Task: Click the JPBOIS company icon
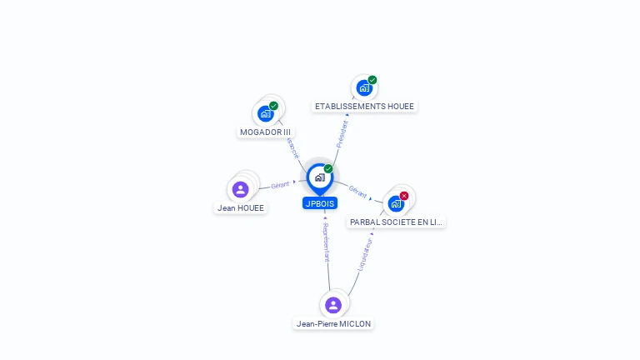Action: pyautogui.click(x=319, y=177)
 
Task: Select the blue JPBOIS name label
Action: pyautogui.click(x=320, y=203)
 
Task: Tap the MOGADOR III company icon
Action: pyautogui.click(x=266, y=113)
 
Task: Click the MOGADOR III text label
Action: pyautogui.click(x=266, y=132)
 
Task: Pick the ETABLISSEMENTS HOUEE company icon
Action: pyautogui.click(x=364, y=87)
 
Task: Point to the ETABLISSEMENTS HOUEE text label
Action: pyautogui.click(x=364, y=107)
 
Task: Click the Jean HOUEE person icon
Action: pyautogui.click(x=241, y=189)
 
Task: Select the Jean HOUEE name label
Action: pyautogui.click(x=242, y=208)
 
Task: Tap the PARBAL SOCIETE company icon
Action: pyautogui.click(x=396, y=202)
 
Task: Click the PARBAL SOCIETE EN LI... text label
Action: pyautogui.click(x=397, y=222)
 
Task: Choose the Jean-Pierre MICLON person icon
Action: pyautogui.click(x=333, y=305)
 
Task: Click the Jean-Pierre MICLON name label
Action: pyautogui.click(x=334, y=323)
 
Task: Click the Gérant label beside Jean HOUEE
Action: pyautogui.click(x=280, y=184)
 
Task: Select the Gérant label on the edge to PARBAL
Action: pyautogui.click(x=358, y=191)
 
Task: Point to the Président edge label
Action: pyautogui.click(x=342, y=133)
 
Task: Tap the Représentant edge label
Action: pyautogui.click(x=326, y=242)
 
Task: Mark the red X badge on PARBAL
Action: pyautogui.click(x=404, y=196)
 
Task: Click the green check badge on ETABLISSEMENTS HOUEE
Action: pyautogui.click(x=372, y=80)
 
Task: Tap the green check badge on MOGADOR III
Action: pyautogui.click(x=273, y=106)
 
